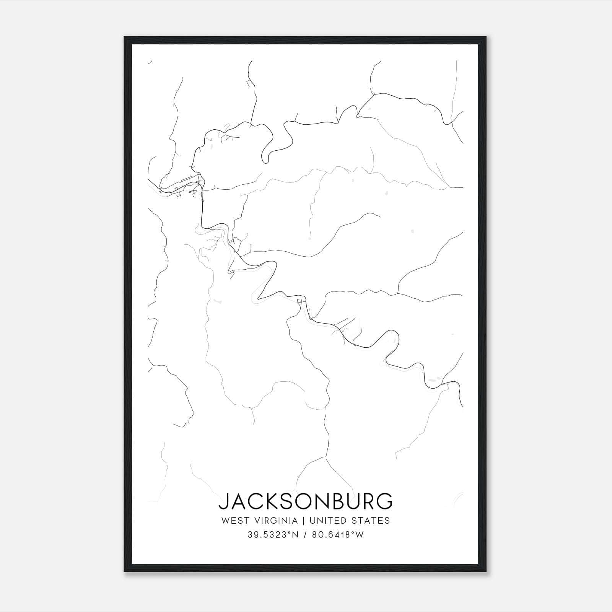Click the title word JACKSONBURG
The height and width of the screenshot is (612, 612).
click(x=305, y=501)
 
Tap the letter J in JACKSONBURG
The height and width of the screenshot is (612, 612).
click(x=223, y=501)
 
